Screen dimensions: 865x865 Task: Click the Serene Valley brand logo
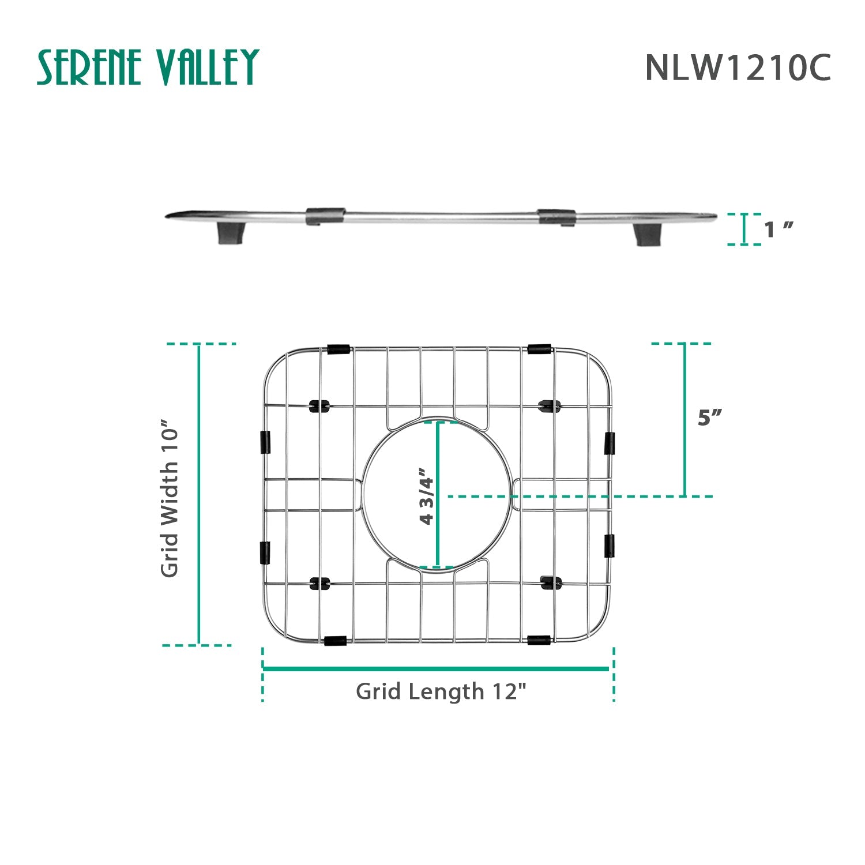(x=148, y=67)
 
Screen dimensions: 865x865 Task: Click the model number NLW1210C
(x=738, y=67)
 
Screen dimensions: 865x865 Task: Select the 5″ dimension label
(x=710, y=417)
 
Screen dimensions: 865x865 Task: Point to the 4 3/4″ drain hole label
(x=427, y=495)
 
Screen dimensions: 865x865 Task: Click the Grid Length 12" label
(x=441, y=691)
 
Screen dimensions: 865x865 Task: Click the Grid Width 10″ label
(x=170, y=497)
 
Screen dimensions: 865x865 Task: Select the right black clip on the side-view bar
(x=556, y=217)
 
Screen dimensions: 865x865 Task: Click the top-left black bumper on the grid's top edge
(x=337, y=349)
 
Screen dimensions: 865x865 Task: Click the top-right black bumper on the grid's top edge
(x=539, y=349)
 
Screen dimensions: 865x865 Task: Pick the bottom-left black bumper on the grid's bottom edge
(x=335, y=641)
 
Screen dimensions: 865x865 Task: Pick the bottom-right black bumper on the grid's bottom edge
(x=539, y=640)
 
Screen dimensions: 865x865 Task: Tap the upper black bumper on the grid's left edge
(x=265, y=442)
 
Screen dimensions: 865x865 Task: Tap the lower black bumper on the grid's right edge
(x=609, y=546)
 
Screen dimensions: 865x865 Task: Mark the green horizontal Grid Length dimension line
(x=436, y=669)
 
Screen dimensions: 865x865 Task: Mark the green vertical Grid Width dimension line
(x=199, y=494)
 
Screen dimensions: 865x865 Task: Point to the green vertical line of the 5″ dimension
(x=685, y=419)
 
